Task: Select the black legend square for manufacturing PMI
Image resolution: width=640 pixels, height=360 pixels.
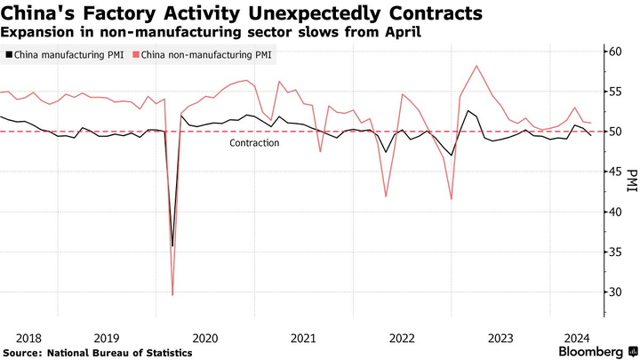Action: click(x=8, y=54)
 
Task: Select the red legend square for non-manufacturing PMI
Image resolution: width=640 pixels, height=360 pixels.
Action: click(x=134, y=54)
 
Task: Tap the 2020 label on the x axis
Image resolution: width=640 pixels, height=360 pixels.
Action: click(x=204, y=338)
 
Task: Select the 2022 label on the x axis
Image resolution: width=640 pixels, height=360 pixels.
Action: click(x=402, y=338)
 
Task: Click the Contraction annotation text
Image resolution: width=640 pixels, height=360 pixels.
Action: click(x=254, y=143)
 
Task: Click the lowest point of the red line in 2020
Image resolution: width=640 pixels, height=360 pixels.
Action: click(x=172, y=294)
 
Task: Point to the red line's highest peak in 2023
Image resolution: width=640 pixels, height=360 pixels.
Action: click(x=477, y=66)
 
